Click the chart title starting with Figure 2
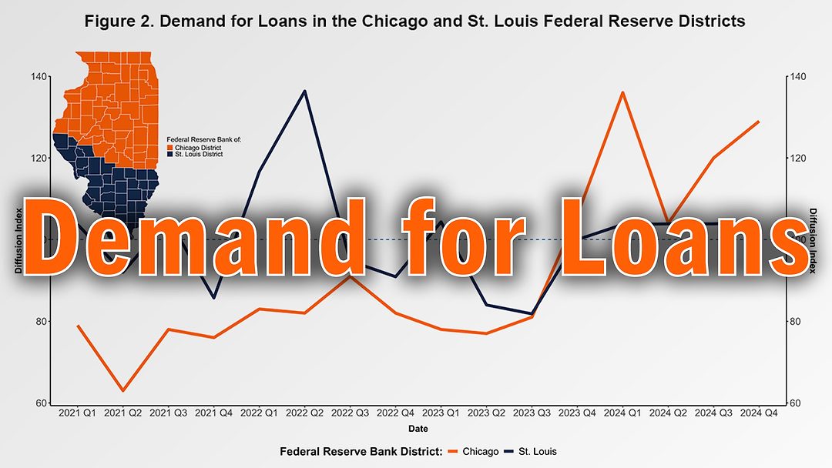coord(415,22)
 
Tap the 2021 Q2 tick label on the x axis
coord(122,413)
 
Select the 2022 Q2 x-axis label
coord(304,413)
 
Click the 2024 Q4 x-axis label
coord(759,413)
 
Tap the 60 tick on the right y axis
coord(797,403)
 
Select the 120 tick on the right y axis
coord(797,158)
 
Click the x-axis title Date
coord(418,428)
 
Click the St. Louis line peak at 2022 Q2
coord(304,91)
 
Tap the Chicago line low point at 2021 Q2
coord(122,390)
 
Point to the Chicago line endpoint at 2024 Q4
coord(759,122)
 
